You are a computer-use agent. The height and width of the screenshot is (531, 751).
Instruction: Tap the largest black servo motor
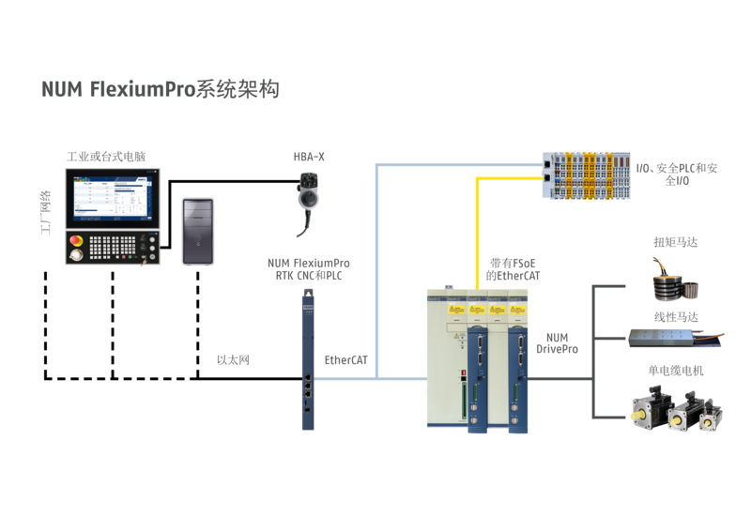tap(645, 406)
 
